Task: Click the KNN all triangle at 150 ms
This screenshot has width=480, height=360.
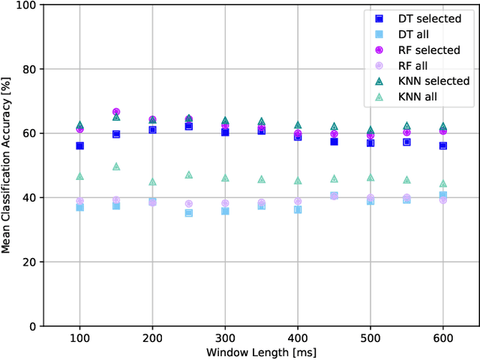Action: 116,166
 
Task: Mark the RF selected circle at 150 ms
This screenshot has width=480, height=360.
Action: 116,112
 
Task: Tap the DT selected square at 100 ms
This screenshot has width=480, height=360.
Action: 79,145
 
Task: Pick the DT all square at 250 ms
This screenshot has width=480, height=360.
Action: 189,213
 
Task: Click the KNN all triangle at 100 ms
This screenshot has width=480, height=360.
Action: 79,176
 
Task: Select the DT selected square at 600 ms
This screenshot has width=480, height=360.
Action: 442,145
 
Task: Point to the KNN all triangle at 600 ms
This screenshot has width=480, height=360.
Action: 442,184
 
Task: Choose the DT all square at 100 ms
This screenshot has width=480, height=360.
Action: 79,207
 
